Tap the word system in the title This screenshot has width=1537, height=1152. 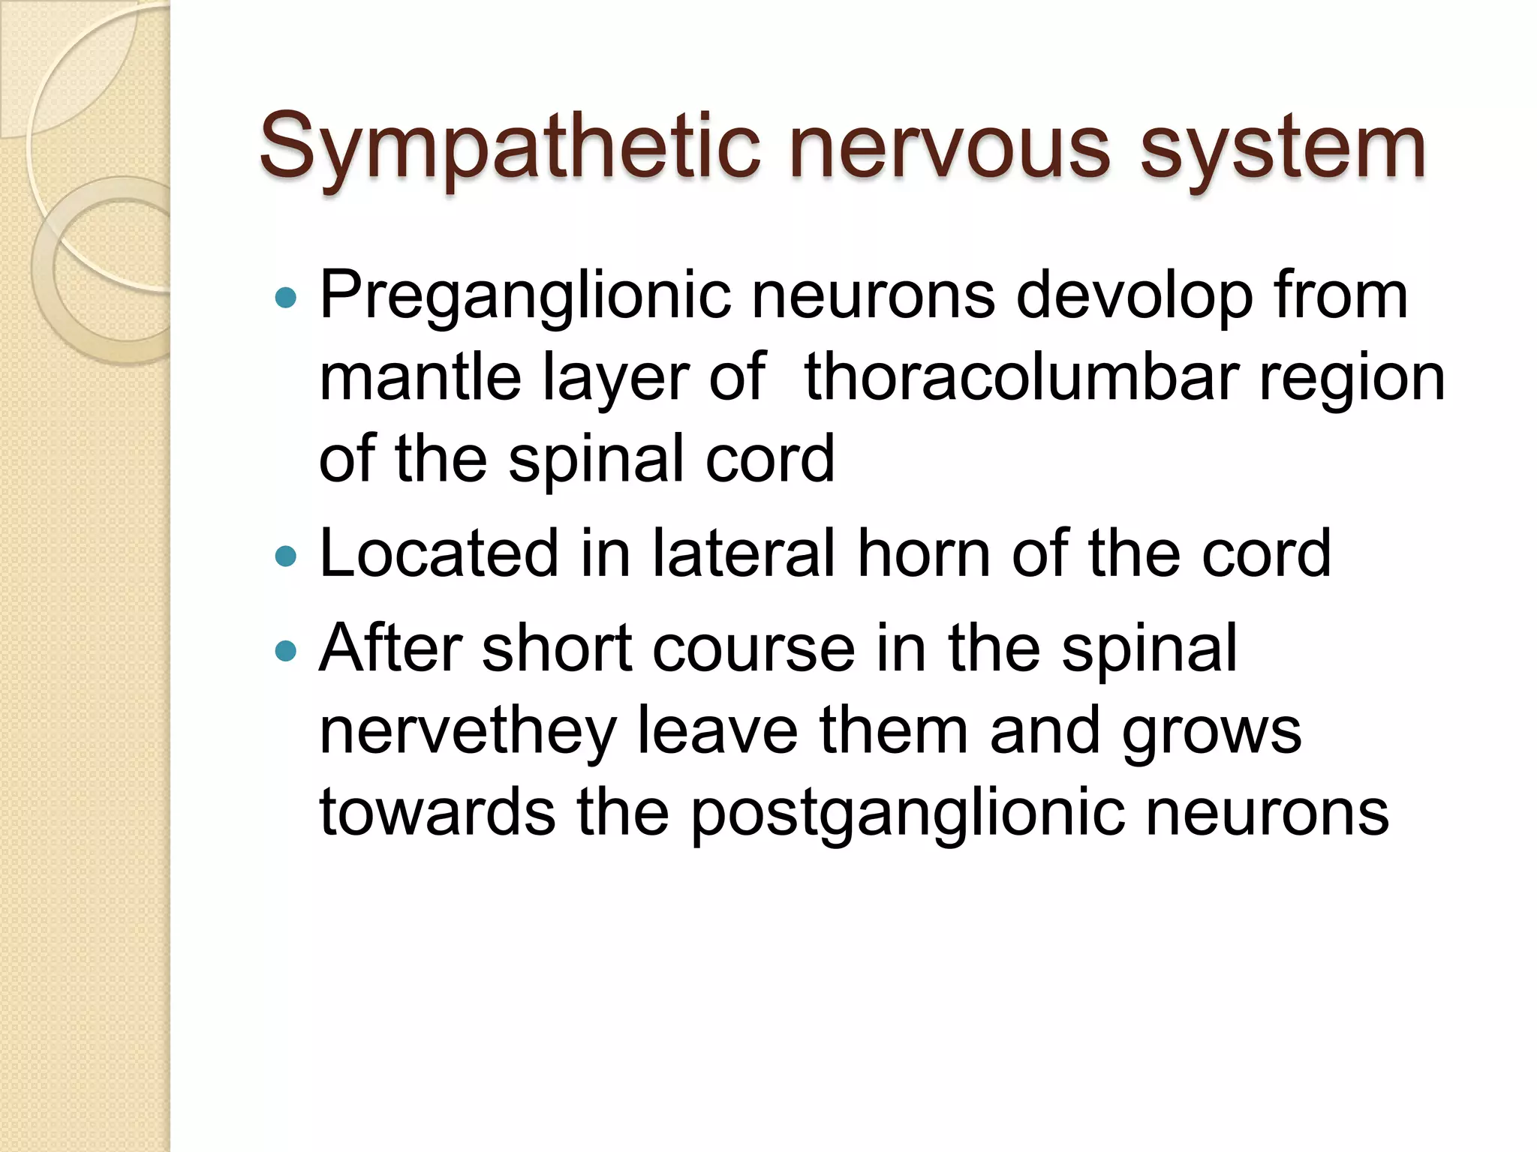click(1283, 147)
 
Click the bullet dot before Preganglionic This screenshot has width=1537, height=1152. click(286, 298)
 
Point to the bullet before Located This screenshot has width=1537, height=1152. click(286, 556)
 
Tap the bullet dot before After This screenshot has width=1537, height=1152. click(286, 649)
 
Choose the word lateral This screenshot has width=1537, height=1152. click(744, 553)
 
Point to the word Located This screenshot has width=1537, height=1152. click(440, 553)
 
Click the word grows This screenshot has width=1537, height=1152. click(1211, 732)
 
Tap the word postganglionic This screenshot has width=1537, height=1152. click(907, 814)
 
